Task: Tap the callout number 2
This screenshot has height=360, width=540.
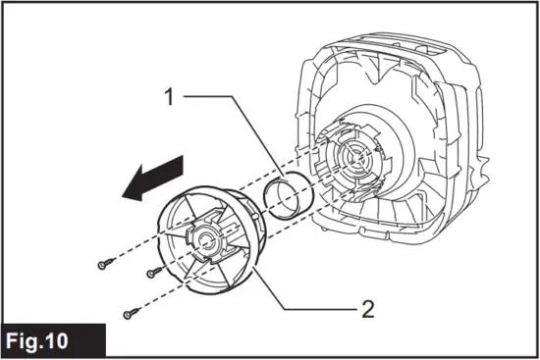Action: [x=367, y=309]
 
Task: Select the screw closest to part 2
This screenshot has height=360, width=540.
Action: [x=151, y=274]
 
